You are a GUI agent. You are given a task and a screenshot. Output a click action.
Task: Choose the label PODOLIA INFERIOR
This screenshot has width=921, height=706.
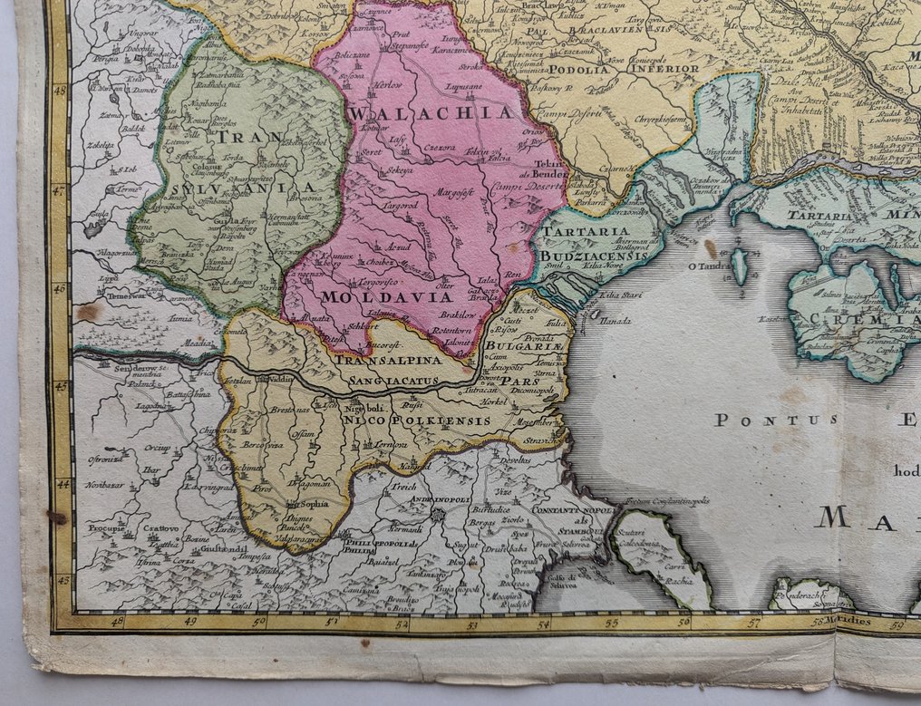[641, 68]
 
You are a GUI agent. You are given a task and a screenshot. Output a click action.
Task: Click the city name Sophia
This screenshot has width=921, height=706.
[314, 503]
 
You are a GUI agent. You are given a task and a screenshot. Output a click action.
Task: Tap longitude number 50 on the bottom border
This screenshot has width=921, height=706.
[259, 622]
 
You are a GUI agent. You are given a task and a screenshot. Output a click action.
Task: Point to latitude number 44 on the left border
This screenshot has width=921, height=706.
[62, 485]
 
